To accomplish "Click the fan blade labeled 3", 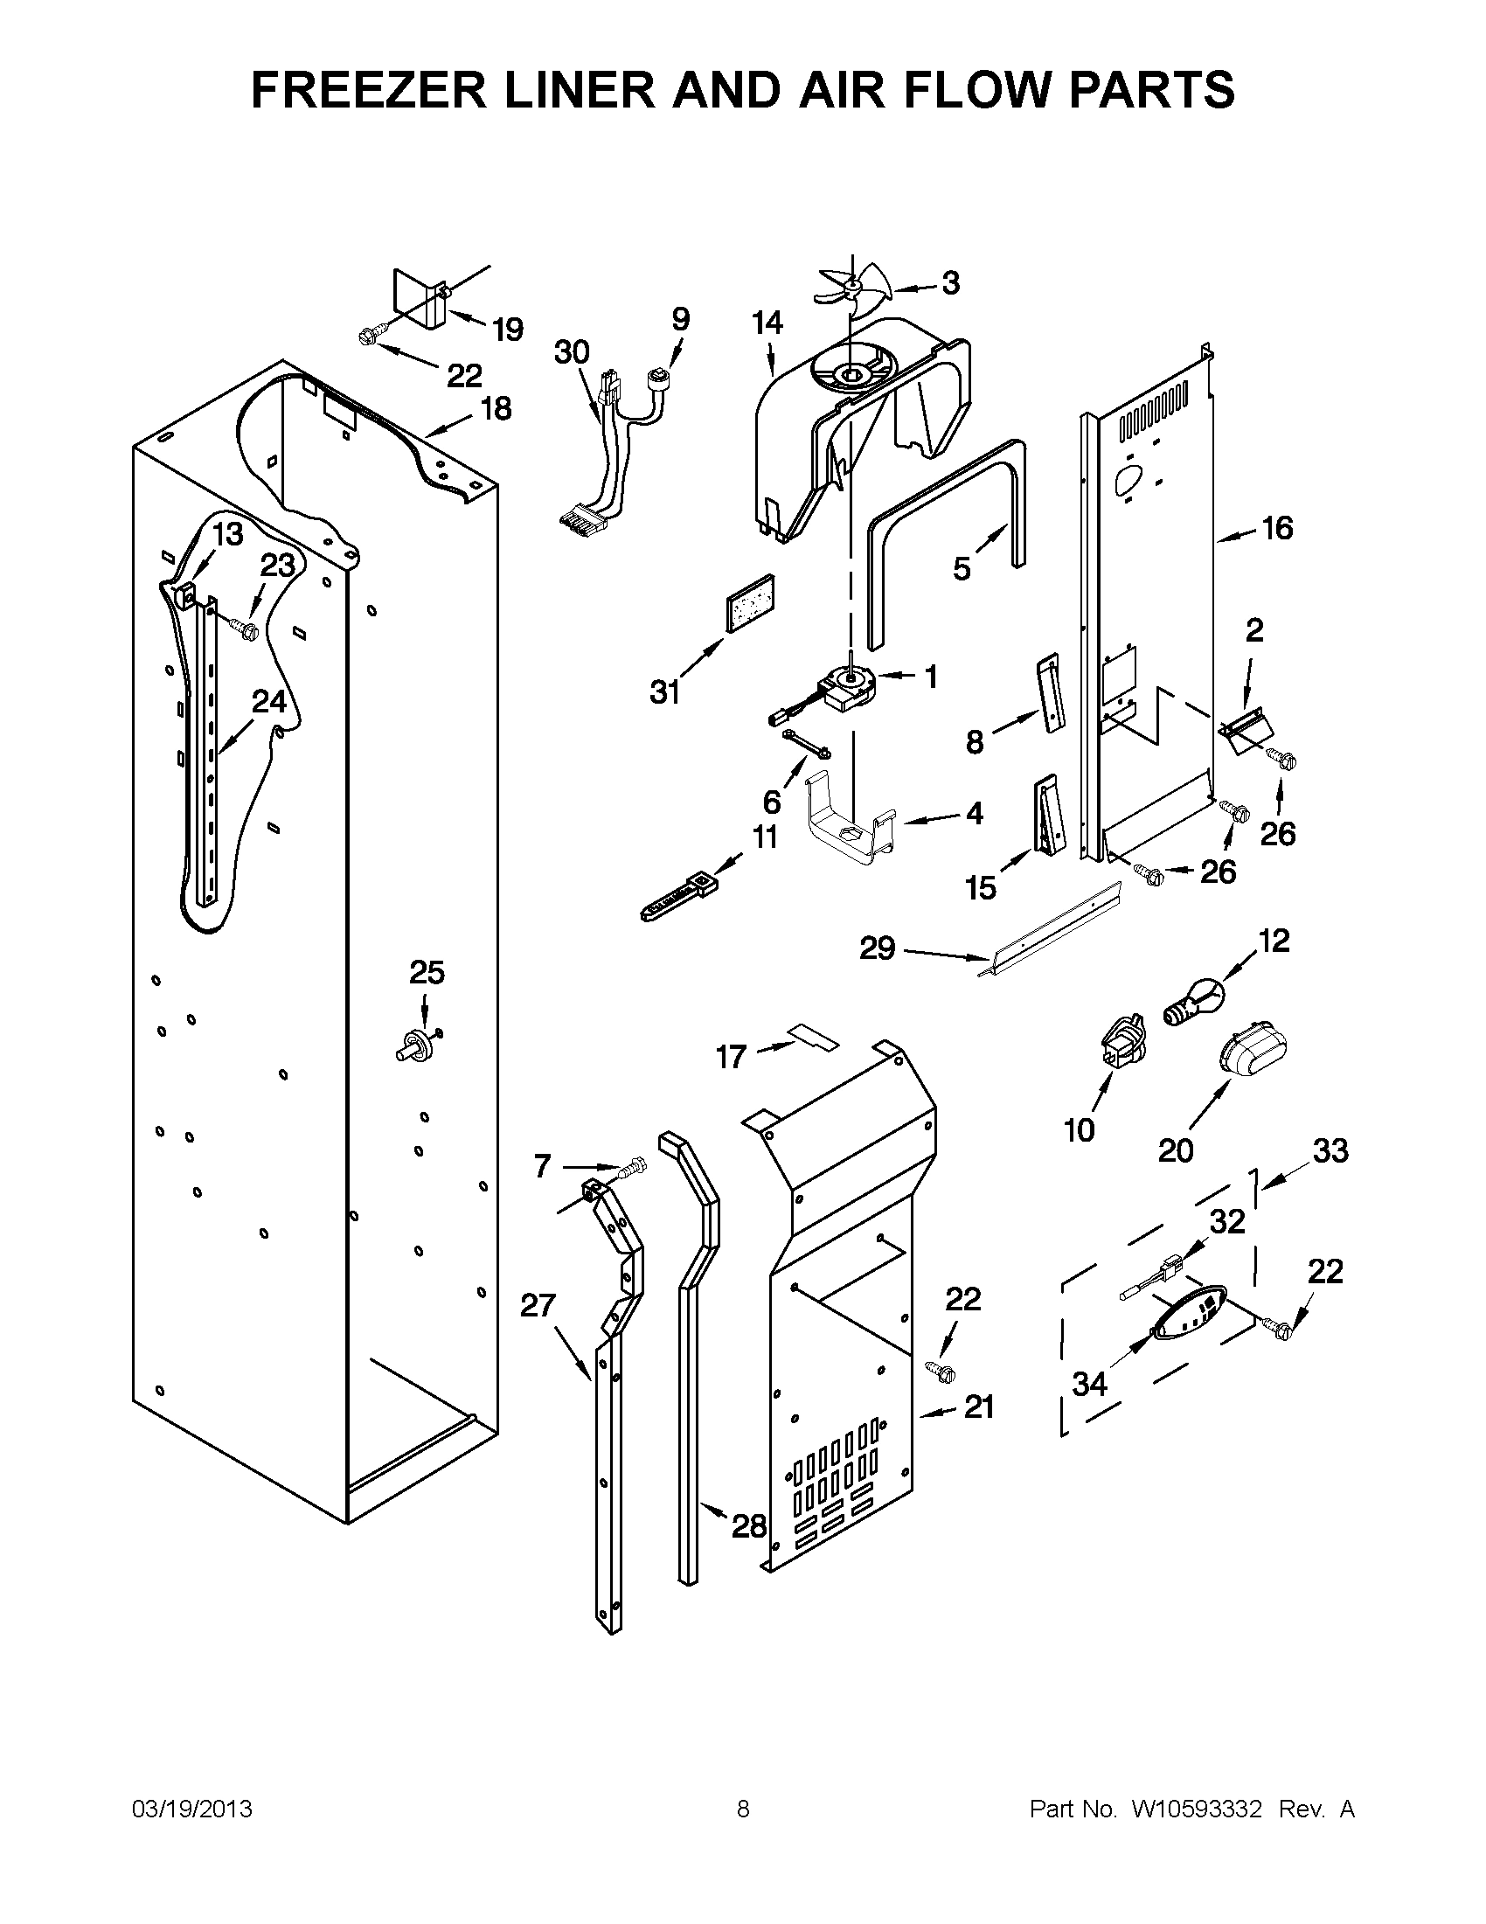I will pos(852,285).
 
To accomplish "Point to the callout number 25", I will pos(427,973).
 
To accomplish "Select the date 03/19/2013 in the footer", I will pos(192,1809).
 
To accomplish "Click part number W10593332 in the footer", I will pos(1196,1809).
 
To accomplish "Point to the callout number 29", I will pos(877,948).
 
